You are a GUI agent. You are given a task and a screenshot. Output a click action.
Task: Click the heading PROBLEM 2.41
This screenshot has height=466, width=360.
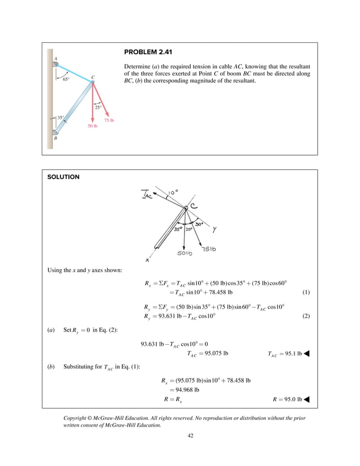coord(148,52)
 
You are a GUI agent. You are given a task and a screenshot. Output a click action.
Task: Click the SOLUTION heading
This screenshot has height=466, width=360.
coord(63,177)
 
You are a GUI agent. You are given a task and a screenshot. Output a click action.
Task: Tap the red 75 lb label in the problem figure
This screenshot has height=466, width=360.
coord(109,121)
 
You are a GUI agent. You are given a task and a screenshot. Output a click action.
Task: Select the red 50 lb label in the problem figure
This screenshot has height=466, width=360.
coord(92,126)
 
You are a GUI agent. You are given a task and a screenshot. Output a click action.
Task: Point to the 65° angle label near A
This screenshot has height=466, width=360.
coord(66,80)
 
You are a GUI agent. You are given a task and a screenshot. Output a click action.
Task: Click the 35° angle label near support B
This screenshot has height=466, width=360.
coord(60,118)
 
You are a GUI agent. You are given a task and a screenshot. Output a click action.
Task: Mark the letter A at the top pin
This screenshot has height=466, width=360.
coord(55,58)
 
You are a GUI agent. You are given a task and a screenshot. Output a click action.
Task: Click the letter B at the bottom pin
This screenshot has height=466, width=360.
coord(55,138)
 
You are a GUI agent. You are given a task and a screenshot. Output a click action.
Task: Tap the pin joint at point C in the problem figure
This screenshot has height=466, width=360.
coord(93,82)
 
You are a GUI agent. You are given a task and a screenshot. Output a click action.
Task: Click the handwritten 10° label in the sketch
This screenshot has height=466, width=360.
coord(173,192)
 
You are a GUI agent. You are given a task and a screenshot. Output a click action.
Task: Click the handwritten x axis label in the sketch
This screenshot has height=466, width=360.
coord(147,260)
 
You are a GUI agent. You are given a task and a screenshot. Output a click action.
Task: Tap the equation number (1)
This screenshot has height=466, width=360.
coord(306,293)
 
